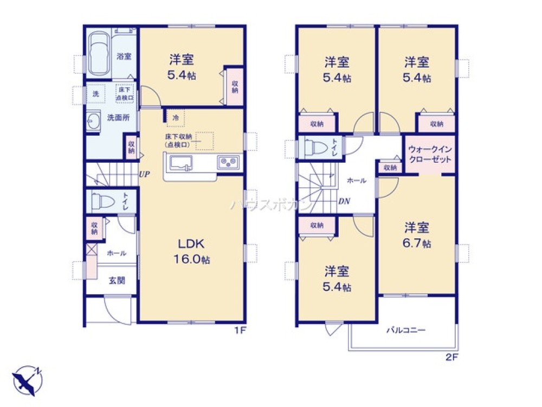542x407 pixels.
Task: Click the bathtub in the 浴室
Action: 98,53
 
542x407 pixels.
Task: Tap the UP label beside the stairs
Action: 144,175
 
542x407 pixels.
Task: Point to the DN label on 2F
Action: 344,201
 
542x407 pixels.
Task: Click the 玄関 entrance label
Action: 116,281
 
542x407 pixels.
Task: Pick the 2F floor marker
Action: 451,358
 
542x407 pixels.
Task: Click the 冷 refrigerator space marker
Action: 175,117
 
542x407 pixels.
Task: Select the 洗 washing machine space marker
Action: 96,93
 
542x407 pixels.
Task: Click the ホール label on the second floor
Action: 356,180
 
